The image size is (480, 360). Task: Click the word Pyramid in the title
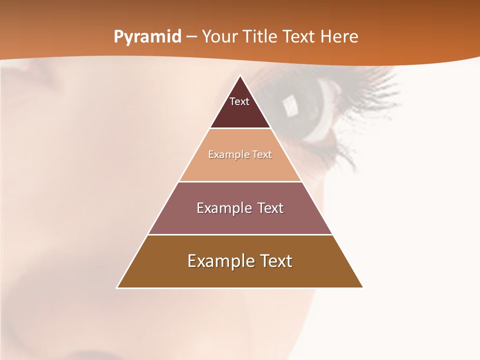click(147, 37)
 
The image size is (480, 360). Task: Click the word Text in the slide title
click(299, 37)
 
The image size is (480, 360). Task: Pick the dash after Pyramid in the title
click(191, 37)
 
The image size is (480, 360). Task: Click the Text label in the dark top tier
click(239, 101)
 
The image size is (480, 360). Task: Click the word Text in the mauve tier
click(270, 208)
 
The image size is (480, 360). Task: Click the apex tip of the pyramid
click(240, 76)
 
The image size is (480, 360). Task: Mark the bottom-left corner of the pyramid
click(117, 287)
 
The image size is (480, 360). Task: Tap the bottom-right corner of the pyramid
click(362, 287)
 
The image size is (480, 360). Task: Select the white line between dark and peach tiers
click(240, 128)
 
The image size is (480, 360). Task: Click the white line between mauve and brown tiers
click(240, 234)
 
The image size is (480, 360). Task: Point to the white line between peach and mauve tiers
click(240, 181)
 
